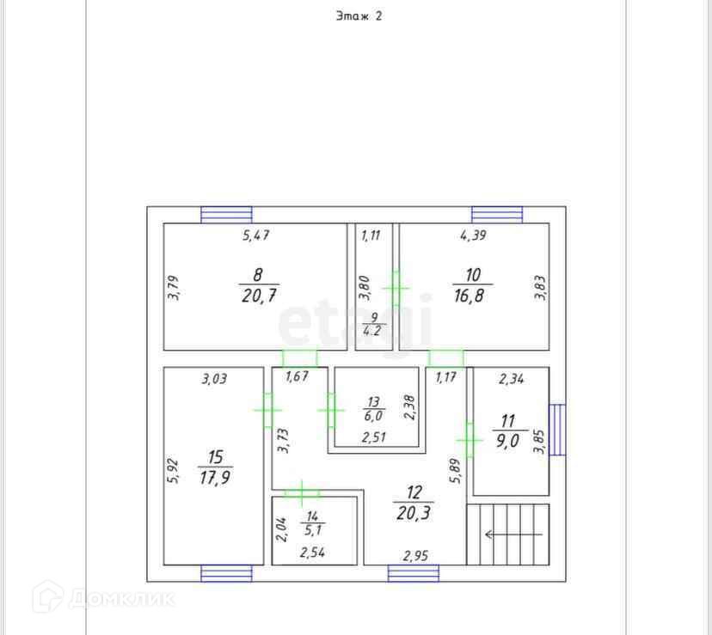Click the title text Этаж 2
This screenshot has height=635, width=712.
pyautogui.click(x=358, y=15)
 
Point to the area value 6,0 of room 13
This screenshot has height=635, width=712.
pyautogui.click(x=373, y=415)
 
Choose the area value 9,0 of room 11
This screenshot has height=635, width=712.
pyautogui.click(x=507, y=443)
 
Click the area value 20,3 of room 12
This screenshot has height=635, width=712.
pyautogui.click(x=414, y=515)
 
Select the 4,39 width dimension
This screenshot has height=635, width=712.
pyautogui.click(x=472, y=234)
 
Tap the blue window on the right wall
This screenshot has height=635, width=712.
pyautogui.click(x=557, y=430)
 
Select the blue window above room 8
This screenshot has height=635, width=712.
pyautogui.click(x=226, y=214)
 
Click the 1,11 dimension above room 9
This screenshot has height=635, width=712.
pyautogui.click(x=371, y=234)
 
